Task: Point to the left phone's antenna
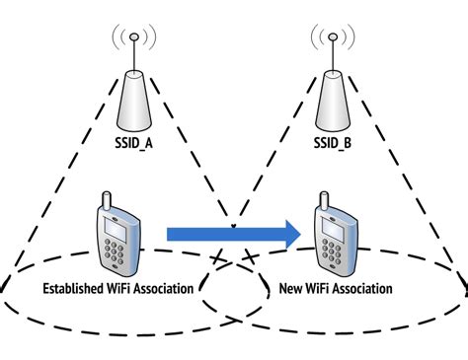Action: (107, 201)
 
